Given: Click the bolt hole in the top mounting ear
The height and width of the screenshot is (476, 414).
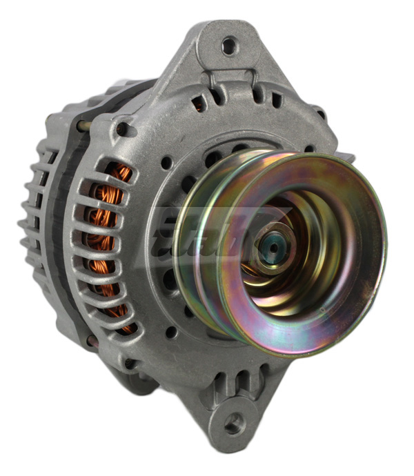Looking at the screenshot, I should [228, 46].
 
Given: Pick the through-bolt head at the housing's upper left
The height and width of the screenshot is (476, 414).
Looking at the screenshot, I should [122, 128].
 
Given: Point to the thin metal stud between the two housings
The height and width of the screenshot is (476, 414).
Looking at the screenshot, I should [81, 126].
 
